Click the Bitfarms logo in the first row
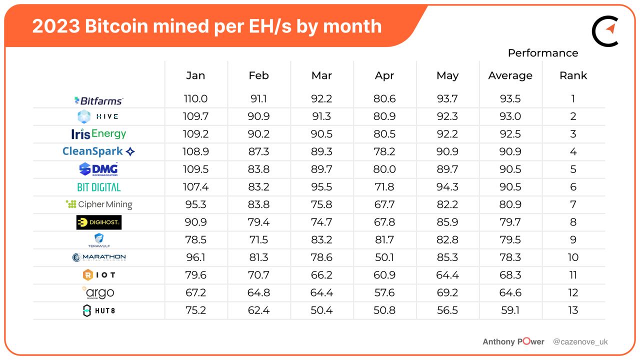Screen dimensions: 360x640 (98, 100)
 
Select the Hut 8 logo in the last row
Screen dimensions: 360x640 (98, 310)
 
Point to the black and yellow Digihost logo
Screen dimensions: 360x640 (98, 222)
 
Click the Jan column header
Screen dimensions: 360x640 (195, 75)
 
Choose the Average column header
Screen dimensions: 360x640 (510, 75)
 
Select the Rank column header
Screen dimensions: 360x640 (573, 75)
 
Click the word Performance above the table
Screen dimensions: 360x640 (542, 53)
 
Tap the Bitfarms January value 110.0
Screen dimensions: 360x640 (195, 99)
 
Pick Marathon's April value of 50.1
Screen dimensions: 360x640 (384, 257)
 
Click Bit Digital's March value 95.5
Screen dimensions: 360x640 (321, 187)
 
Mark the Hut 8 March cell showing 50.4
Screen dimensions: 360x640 (321, 310)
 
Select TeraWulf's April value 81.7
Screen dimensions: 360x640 (384, 240)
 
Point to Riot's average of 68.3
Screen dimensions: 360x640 (510, 275)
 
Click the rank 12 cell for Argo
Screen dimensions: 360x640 (573, 292)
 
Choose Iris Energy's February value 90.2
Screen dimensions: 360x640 (258, 134)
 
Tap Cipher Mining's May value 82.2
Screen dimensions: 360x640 (447, 204)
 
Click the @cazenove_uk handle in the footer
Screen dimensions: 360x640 (580, 342)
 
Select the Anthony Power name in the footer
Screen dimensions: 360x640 (513, 342)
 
